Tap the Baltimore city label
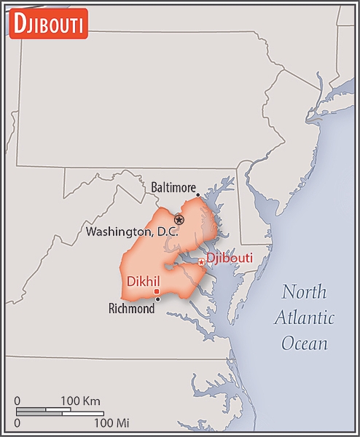click(173, 188)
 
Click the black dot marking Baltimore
click(197, 194)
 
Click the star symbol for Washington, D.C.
click(179, 219)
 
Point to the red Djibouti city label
click(230, 258)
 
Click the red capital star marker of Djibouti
click(202, 262)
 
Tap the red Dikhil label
click(143, 280)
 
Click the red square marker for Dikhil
click(156, 291)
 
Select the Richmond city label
click(131, 309)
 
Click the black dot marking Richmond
click(158, 299)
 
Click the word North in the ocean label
click(305, 293)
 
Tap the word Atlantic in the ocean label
click(304, 318)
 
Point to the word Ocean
click(305, 343)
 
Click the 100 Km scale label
click(80, 401)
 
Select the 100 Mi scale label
click(111, 422)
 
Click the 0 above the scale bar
click(17, 401)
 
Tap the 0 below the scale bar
click(17, 422)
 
